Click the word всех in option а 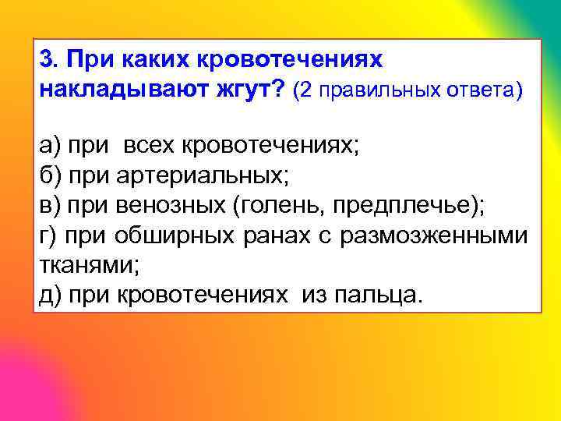[149, 144]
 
